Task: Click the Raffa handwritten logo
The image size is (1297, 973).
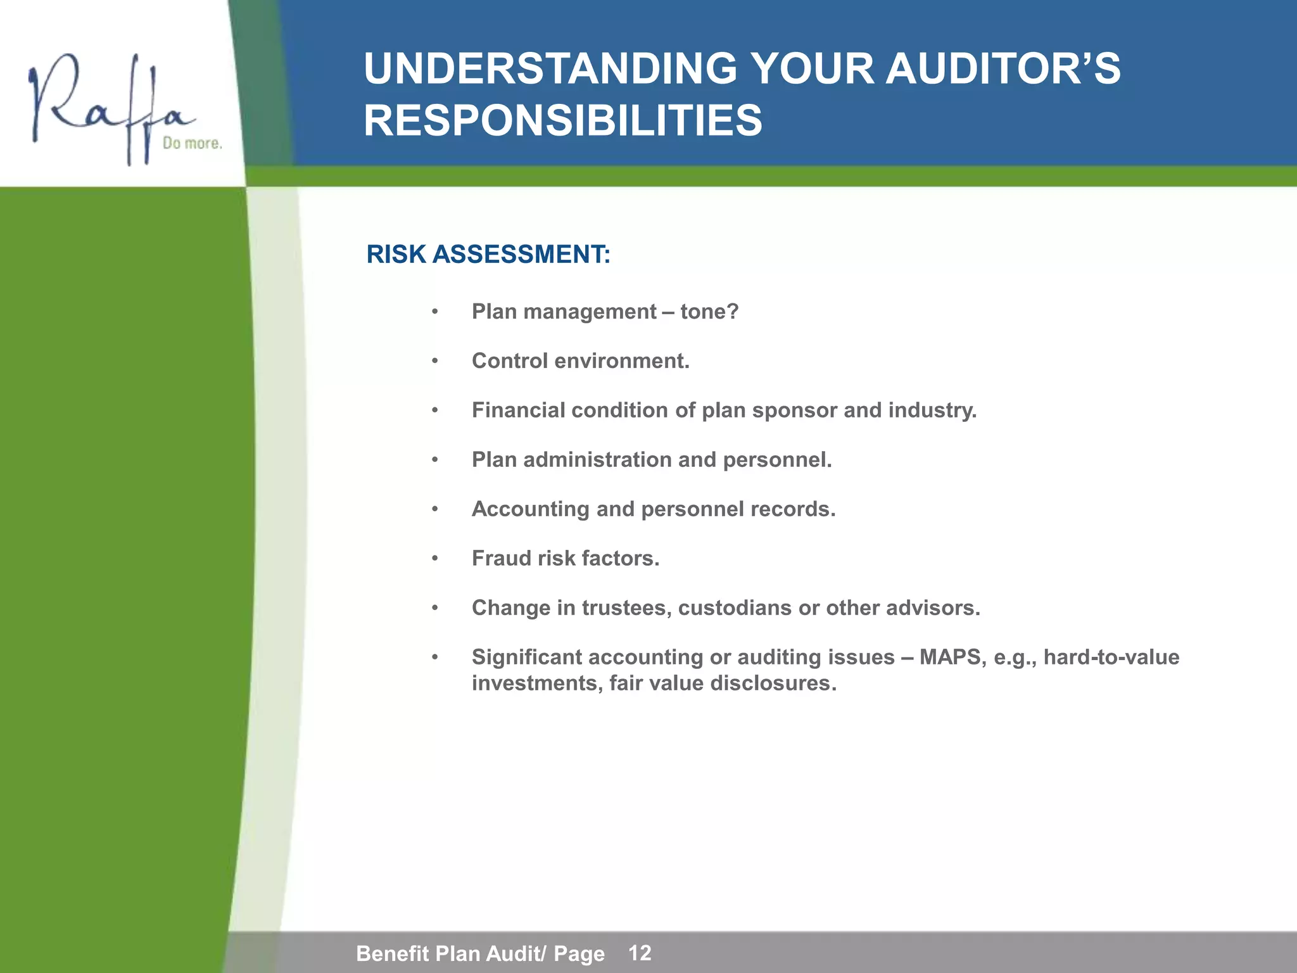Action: tap(108, 105)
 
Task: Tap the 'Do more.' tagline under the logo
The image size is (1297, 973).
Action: tap(192, 144)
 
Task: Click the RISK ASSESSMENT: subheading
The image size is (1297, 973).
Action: tap(488, 255)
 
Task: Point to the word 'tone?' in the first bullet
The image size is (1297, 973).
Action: tap(709, 312)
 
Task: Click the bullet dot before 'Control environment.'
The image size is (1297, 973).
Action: tap(434, 361)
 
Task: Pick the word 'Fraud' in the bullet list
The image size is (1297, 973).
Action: tap(501, 559)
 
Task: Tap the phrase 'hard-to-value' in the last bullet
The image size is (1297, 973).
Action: tap(1111, 658)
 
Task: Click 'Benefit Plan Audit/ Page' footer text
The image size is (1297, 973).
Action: tap(480, 954)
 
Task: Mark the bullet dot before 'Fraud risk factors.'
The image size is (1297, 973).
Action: tap(434, 559)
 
